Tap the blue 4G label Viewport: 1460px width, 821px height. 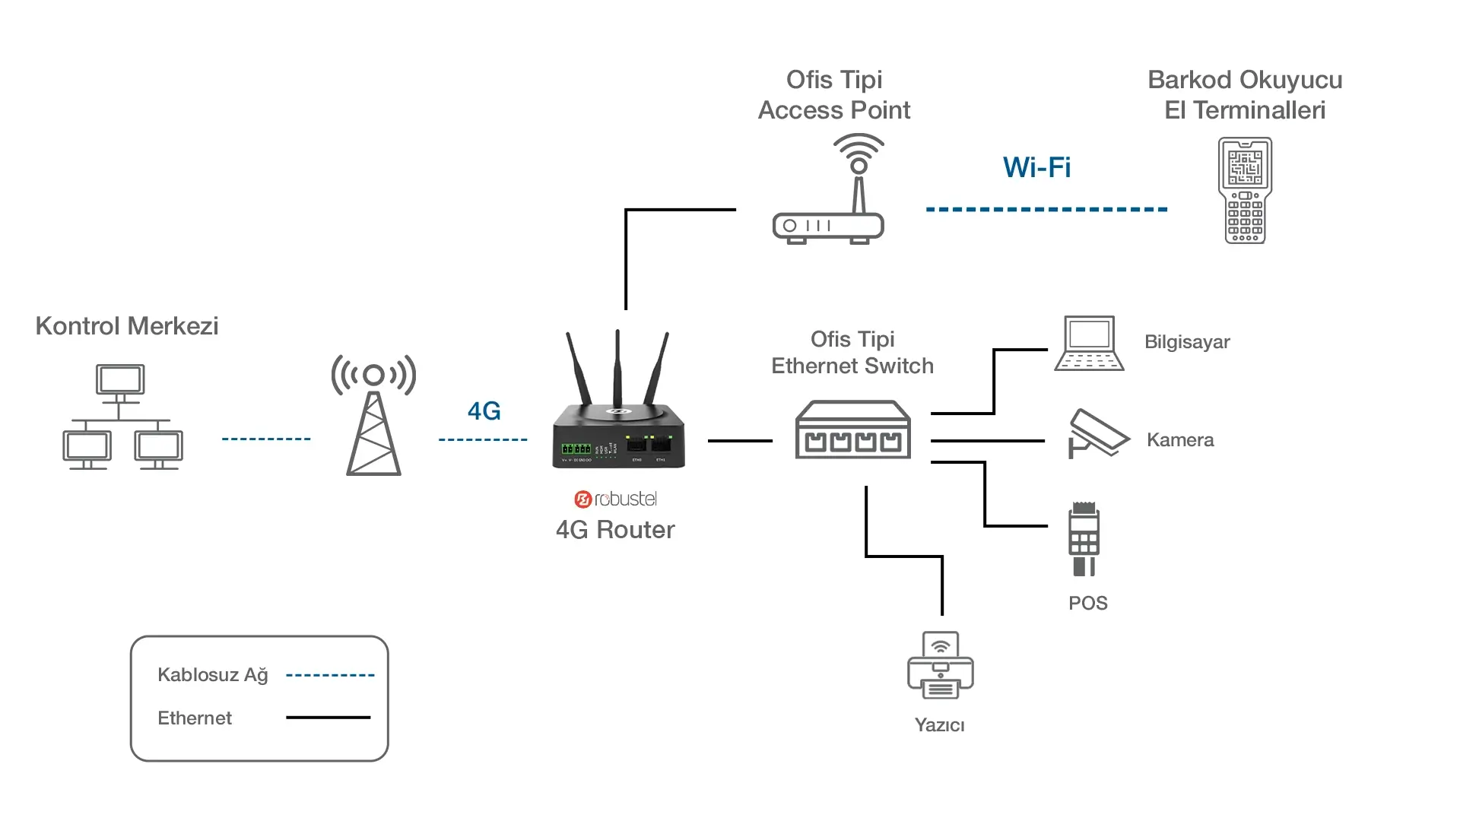coord(484,411)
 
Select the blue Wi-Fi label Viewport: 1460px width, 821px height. coord(1036,167)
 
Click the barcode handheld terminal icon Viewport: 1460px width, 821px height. coord(1245,190)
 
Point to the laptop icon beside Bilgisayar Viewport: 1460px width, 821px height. coord(1089,344)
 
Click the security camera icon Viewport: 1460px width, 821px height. coord(1097,434)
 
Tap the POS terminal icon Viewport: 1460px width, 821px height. coord(1084,538)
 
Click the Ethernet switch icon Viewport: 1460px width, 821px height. coord(852,430)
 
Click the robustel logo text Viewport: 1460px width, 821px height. coord(616,499)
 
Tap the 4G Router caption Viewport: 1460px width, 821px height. coord(615,530)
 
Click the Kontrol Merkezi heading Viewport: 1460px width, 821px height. coord(127,326)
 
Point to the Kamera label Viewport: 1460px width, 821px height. coord(1180,440)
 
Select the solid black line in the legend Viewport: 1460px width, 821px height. coord(328,717)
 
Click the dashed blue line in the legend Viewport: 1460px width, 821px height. coord(330,675)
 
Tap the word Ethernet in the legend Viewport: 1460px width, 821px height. coord(195,718)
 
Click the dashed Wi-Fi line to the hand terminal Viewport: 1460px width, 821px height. coord(1046,209)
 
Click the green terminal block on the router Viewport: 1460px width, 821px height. coord(576,449)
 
